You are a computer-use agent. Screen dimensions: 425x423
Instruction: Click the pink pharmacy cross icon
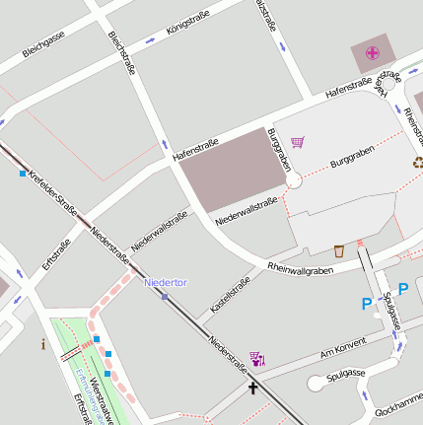372,52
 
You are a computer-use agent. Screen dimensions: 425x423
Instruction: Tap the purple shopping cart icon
298,142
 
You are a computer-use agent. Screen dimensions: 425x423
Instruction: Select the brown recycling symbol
418,163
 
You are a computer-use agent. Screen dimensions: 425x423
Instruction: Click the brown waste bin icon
339,250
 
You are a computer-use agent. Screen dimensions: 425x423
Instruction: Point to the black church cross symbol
252,388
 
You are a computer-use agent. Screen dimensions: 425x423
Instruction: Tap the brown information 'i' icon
42,344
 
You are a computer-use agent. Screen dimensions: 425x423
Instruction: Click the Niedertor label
165,283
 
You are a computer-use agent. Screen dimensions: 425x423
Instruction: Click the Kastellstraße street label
231,295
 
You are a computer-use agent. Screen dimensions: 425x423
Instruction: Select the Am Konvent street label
342,344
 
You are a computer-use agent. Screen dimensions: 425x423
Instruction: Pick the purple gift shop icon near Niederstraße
257,359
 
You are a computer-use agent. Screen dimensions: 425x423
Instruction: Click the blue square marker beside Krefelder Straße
23,175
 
